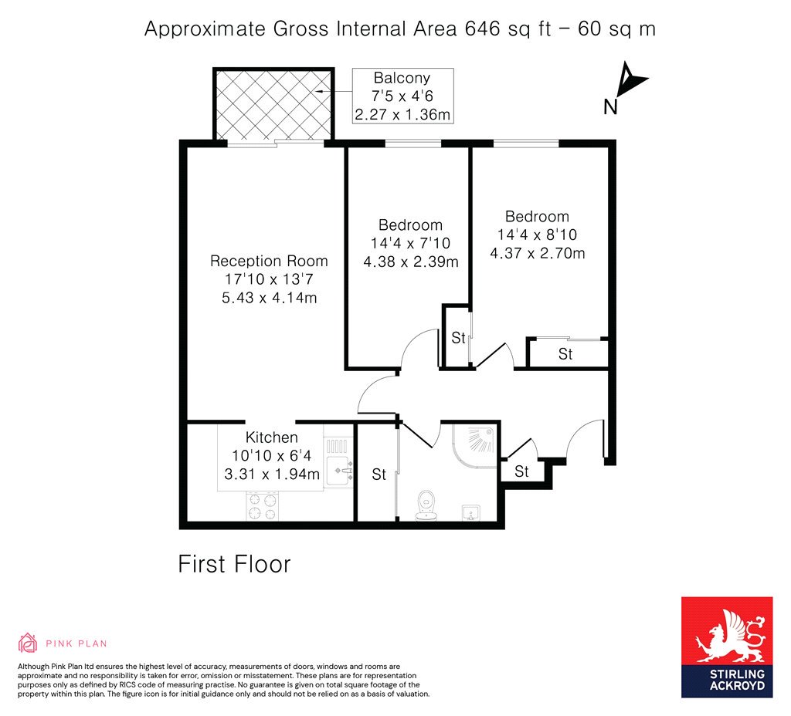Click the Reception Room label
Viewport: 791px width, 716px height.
tap(269, 261)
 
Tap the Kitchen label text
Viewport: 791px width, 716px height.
tap(271, 437)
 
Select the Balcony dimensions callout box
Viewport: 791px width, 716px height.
tap(402, 96)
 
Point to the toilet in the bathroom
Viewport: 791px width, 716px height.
tap(426, 505)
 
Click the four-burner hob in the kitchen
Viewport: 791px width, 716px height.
tap(263, 506)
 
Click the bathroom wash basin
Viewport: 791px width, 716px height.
tap(472, 512)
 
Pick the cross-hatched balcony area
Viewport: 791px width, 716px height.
tap(274, 104)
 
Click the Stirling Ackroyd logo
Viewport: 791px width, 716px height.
tap(727, 647)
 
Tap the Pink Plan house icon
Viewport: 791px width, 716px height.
tap(28, 643)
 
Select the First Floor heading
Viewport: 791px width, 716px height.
tap(235, 564)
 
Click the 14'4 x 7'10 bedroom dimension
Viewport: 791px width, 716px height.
tap(410, 243)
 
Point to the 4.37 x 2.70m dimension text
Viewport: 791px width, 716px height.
tap(538, 253)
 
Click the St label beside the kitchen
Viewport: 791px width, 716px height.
tap(379, 475)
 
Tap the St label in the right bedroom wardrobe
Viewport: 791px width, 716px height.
tap(565, 354)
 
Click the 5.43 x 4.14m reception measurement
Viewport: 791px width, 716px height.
tap(270, 298)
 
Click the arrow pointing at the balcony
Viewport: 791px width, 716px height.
tap(332, 92)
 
